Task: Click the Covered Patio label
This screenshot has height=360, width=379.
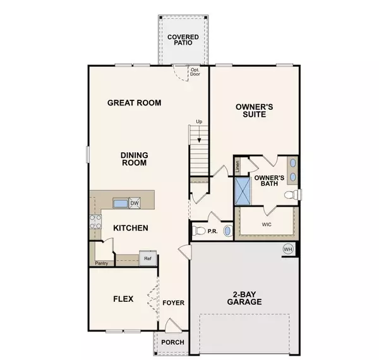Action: click(183, 41)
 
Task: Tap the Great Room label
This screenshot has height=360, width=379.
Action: click(134, 102)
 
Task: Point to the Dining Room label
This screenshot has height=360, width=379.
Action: click(134, 158)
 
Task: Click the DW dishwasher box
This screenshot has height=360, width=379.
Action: click(134, 203)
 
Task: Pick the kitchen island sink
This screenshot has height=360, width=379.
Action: click(120, 203)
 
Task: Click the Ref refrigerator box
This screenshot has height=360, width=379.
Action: click(147, 258)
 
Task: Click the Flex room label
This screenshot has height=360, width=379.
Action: click(123, 299)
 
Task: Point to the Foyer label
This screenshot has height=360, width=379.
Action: click(173, 303)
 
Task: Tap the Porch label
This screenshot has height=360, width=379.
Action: click(172, 342)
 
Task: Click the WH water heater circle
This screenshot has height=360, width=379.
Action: click(288, 249)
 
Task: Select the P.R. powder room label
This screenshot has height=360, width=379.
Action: click(213, 232)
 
